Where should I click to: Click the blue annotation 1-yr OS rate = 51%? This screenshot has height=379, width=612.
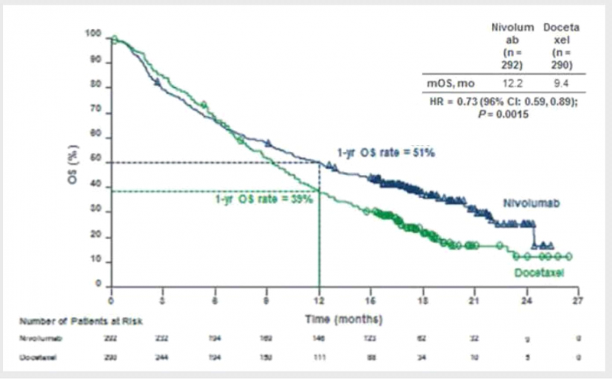pyautogui.click(x=386, y=152)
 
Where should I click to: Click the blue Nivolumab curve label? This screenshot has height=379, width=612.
pyautogui.click(x=533, y=203)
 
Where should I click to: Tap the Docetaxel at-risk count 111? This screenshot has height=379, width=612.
pyautogui.click(x=317, y=357)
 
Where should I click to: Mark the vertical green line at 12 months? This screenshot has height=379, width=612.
pyautogui.click(x=318, y=245)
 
